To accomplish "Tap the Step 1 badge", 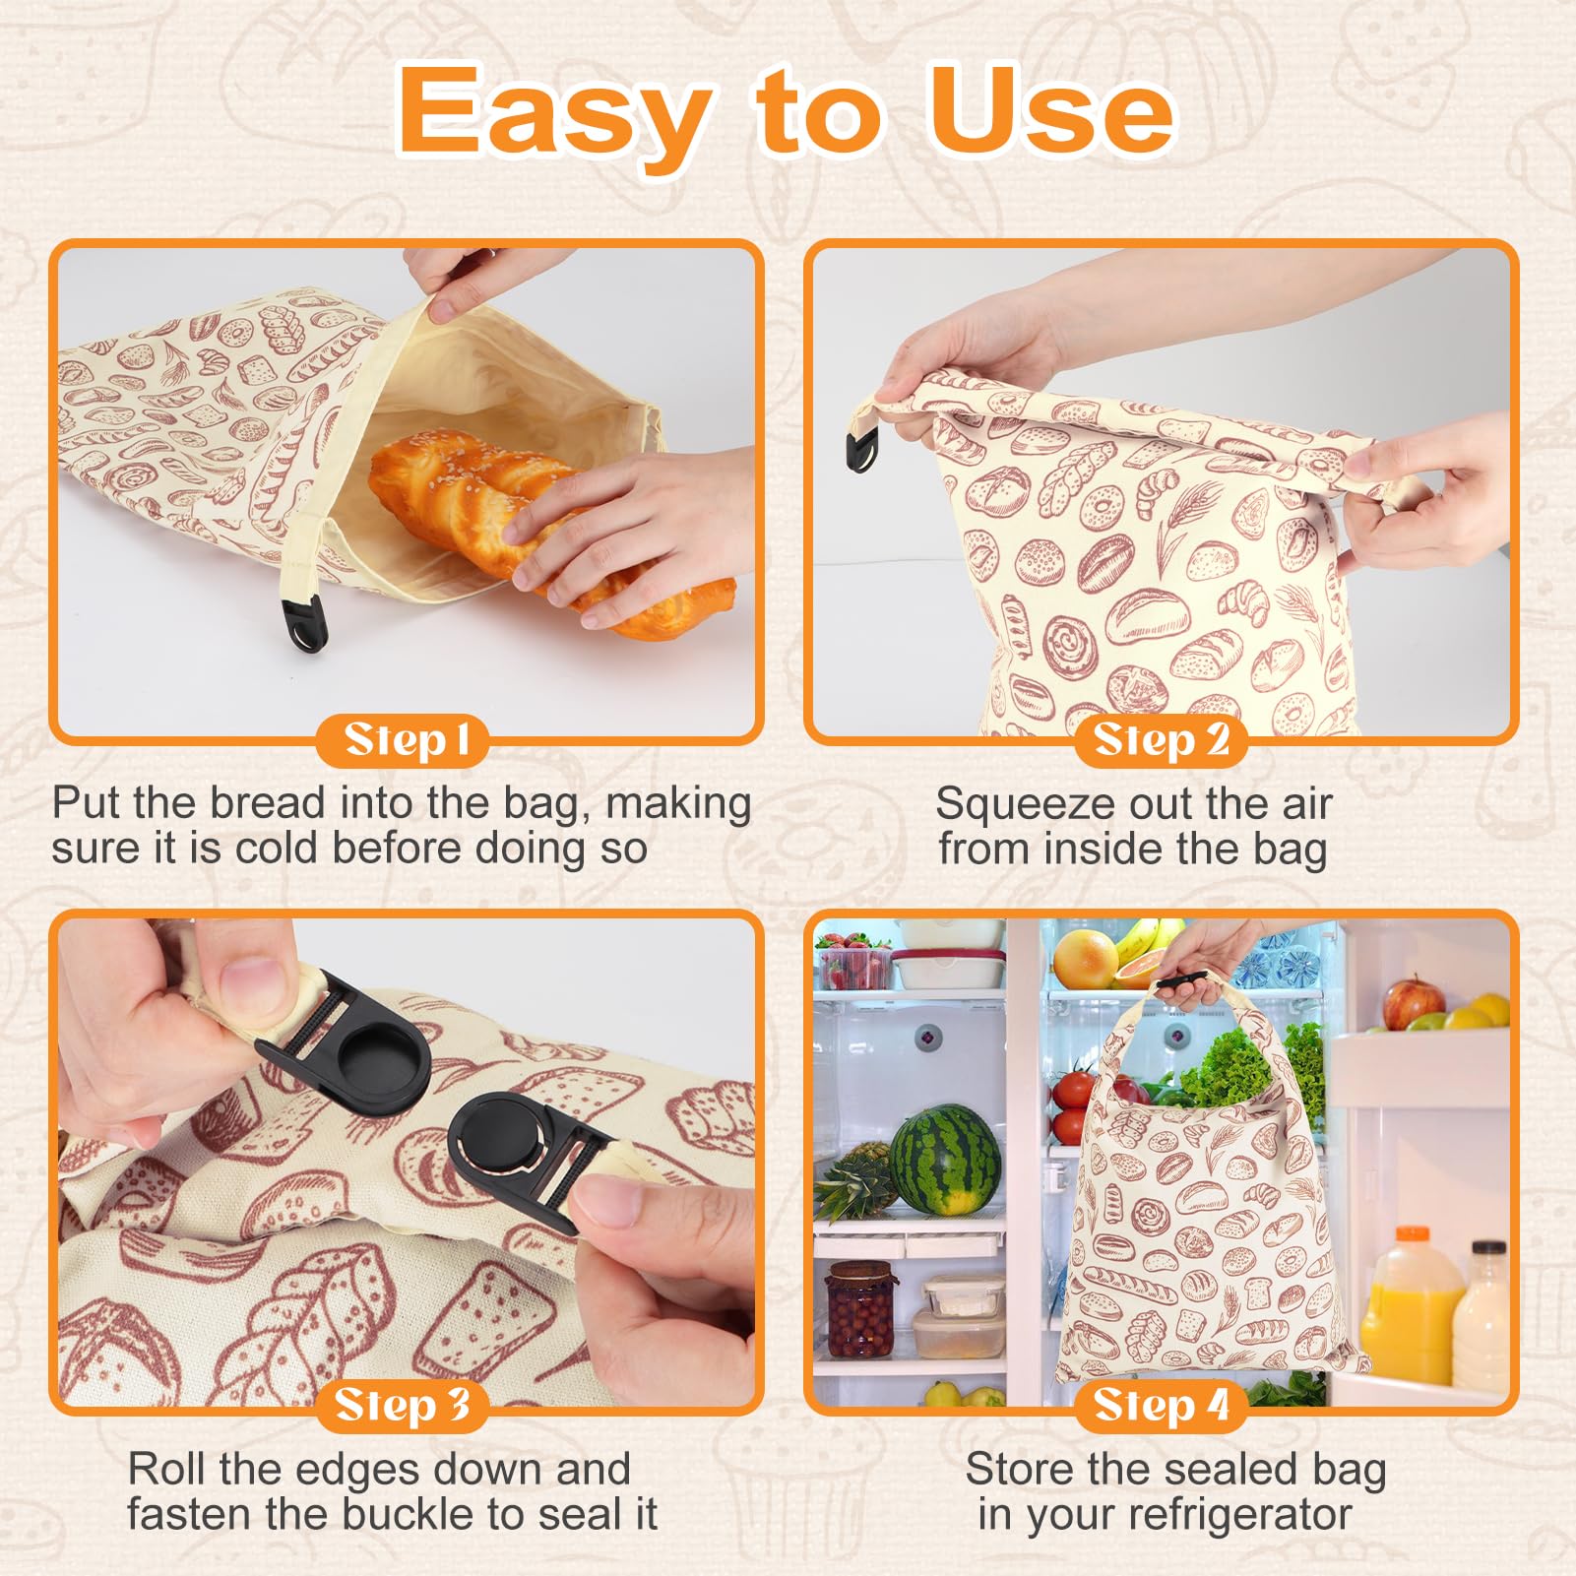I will click(x=405, y=740).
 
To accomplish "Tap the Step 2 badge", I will click(x=1162, y=740).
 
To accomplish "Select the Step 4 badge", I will click(x=1162, y=1405).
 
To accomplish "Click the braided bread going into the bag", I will click(x=532, y=522).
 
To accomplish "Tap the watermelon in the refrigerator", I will click(x=946, y=1160).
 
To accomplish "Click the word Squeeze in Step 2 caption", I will click(x=1015, y=804).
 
